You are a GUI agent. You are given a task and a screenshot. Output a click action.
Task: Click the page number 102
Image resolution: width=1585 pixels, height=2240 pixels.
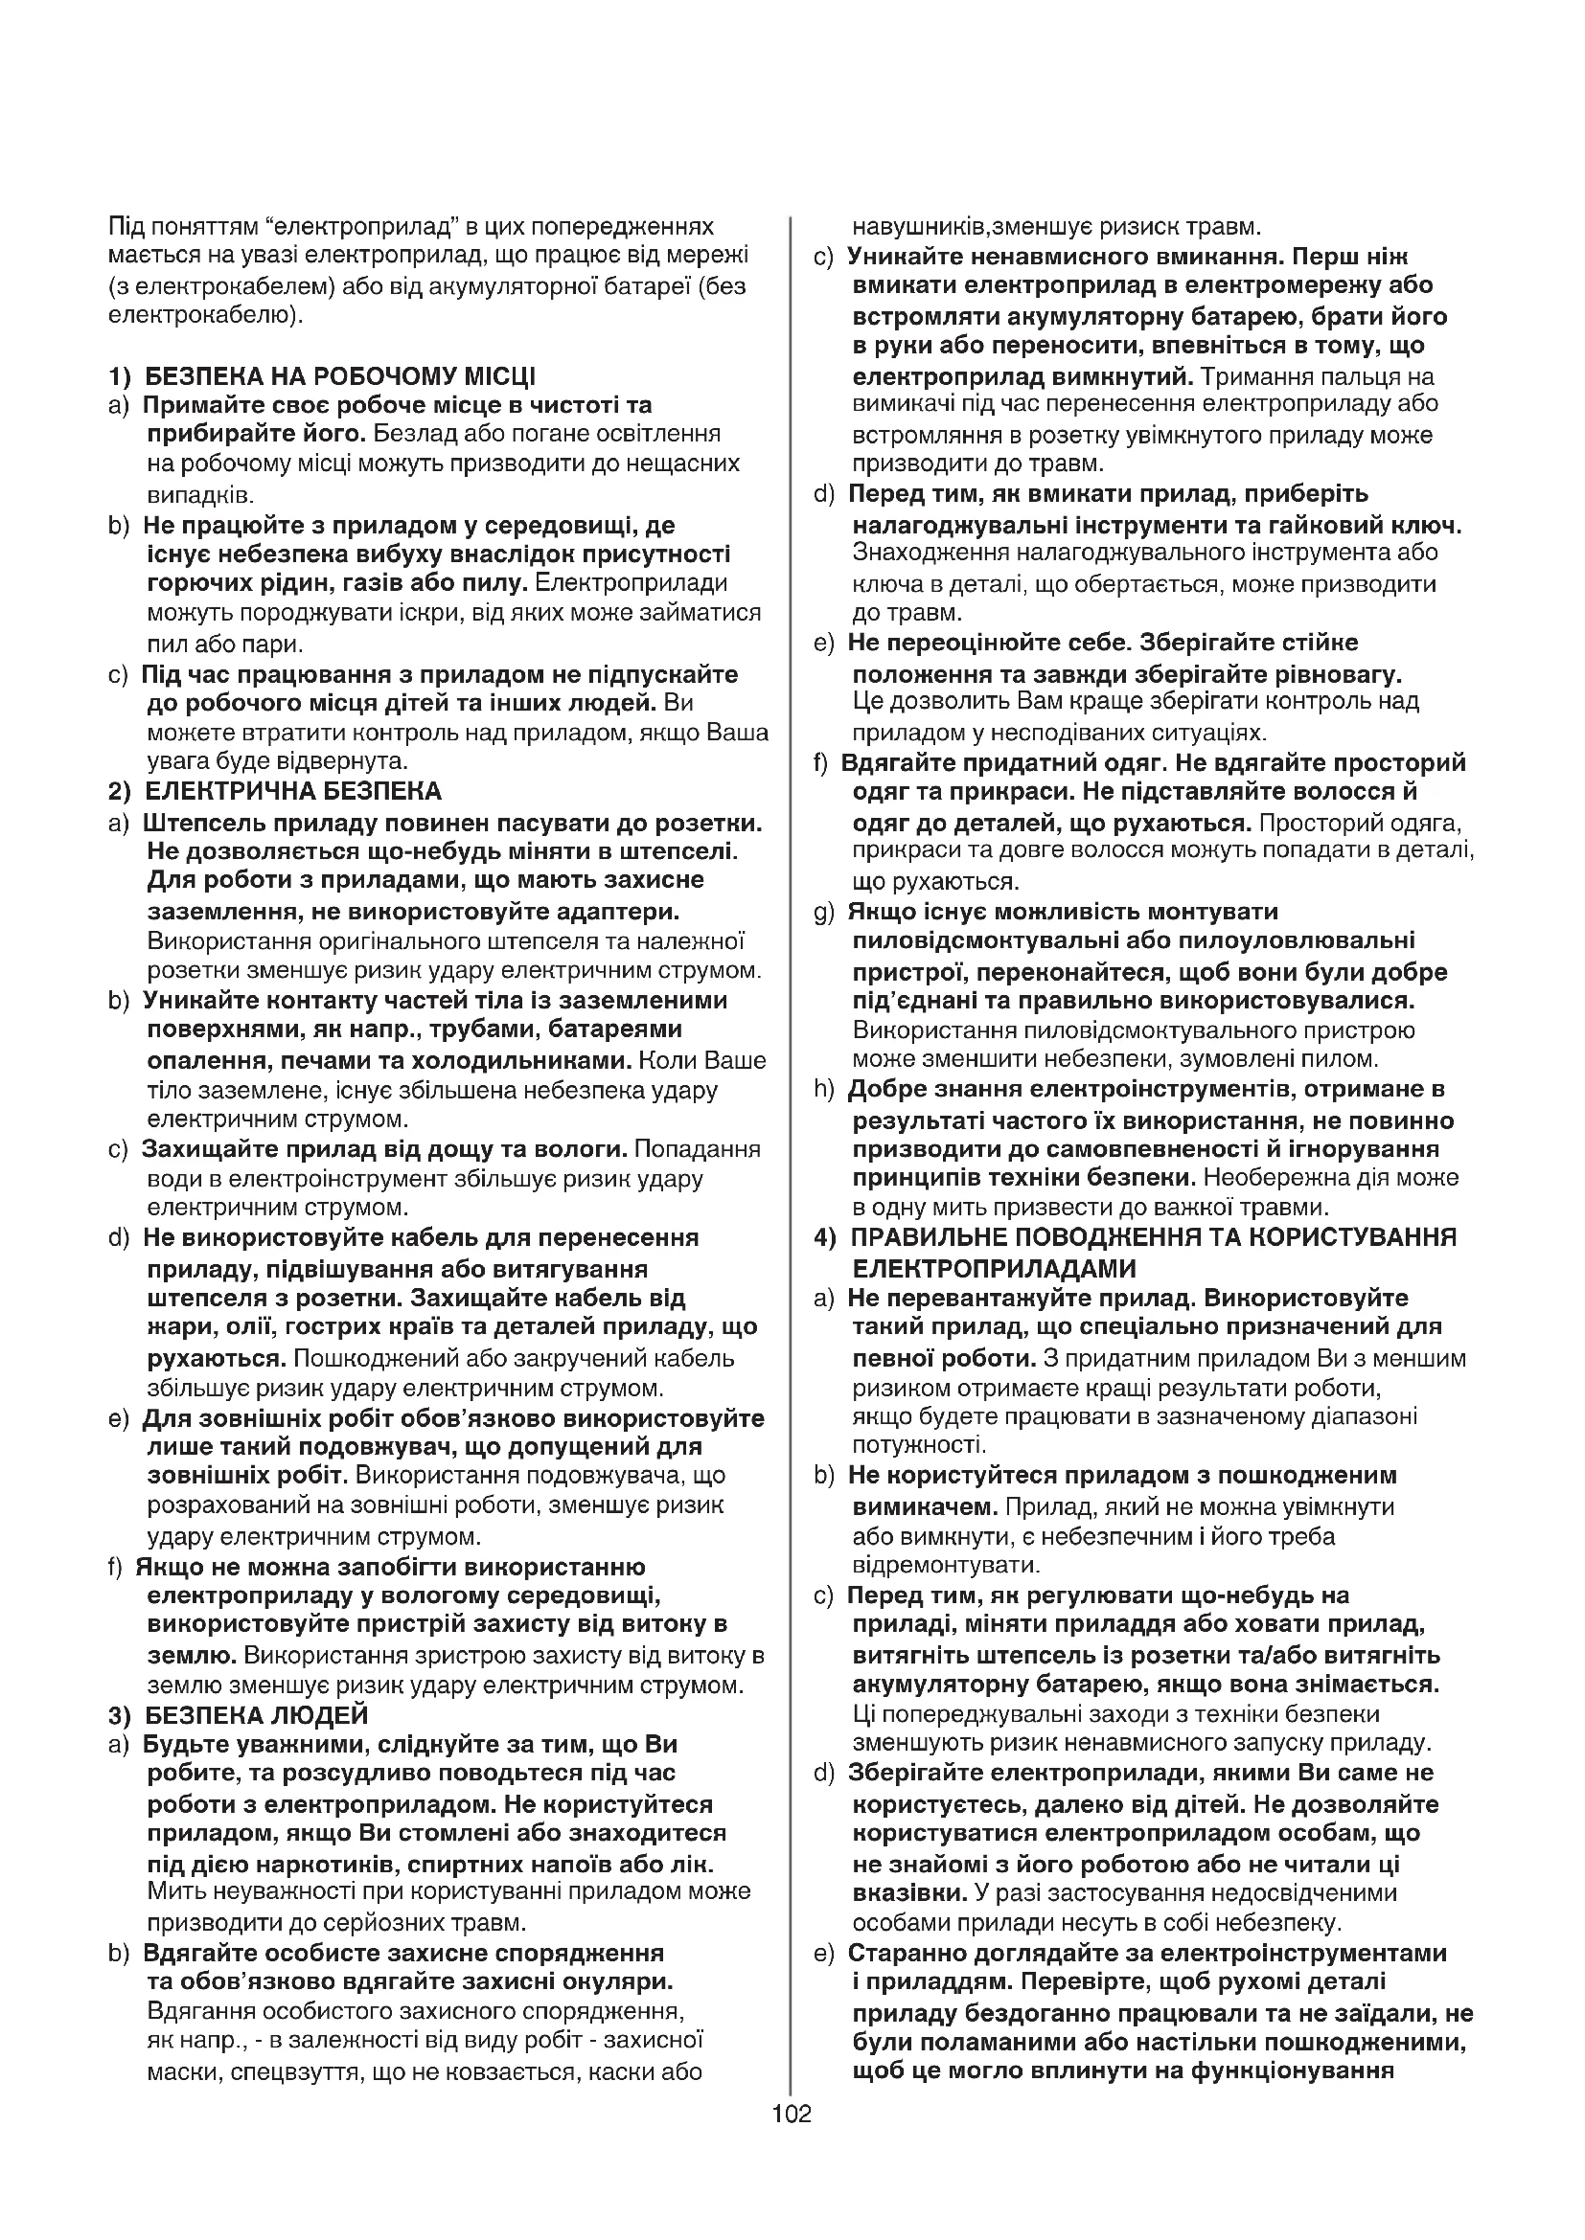click(792, 2114)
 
